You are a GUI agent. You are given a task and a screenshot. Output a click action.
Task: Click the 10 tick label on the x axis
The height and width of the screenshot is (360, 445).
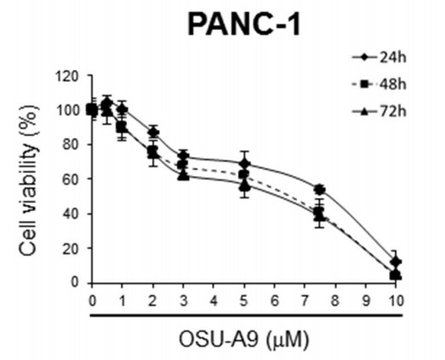395,300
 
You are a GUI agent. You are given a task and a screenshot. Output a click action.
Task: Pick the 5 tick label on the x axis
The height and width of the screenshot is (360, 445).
244,300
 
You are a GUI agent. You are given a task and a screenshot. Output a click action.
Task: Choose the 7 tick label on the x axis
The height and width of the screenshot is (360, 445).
305,300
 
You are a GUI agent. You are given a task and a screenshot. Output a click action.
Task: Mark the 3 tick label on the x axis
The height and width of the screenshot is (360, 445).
183,300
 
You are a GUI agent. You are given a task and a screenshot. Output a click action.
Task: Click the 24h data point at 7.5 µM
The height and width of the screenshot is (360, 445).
320,190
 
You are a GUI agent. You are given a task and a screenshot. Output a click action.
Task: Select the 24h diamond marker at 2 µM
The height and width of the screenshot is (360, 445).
153,132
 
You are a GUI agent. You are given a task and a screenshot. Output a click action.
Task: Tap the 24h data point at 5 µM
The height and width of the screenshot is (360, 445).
244,163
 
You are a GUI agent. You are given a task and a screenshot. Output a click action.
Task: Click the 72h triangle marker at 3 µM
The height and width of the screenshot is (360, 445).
183,174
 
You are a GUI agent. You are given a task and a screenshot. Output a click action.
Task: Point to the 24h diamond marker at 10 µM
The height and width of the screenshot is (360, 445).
395,262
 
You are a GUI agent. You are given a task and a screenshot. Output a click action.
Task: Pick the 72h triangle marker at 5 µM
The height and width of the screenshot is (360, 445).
244,186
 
